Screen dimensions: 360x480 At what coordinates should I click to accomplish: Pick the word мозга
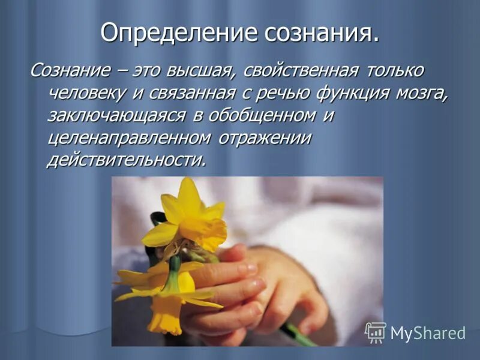click(x=419, y=93)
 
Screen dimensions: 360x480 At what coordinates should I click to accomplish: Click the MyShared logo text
click(x=428, y=334)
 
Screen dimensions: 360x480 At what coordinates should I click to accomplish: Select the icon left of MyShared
click(x=376, y=332)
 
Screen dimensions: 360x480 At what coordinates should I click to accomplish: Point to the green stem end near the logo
click(x=300, y=336)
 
